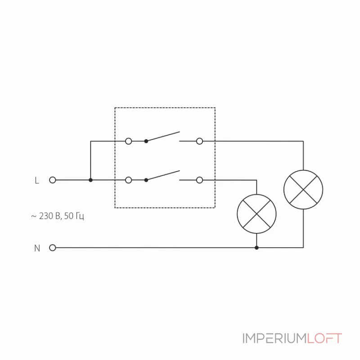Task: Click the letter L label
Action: pyautogui.click(x=37, y=180)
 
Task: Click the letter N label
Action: pyautogui.click(x=37, y=248)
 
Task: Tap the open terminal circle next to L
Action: pyautogui.click(x=53, y=180)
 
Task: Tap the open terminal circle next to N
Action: pyautogui.click(x=53, y=247)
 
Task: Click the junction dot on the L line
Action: pyautogui.click(x=90, y=180)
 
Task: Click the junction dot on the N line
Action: pyautogui.click(x=256, y=247)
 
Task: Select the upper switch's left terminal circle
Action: pyautogui.click(x=128, y=141)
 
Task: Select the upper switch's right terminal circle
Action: pyautogui.click(x=199, y=141)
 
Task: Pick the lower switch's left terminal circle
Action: pyautogui.click(x=128, y=180)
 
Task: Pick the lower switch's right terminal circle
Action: pyautogui.click(x=199, y=180)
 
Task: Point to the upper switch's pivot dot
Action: pyautogui.click(x=146, y=141)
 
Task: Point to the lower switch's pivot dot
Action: pyautogui.click(x=146, y=180)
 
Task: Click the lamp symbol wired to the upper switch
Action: pyautogui.click(x=303, y=189)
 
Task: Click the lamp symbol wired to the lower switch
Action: pyautogui.click(x=256, y=214)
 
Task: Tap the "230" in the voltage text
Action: pyautogui.click(x=46, y=216)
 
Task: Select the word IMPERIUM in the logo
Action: pyautogui.click(x=274, y=338)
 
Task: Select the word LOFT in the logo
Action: pyautogui.click(x=324, y=338)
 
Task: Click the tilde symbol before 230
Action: pyautogui.click(x=34, y=216)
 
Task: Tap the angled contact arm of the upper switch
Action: pyautogui.click(x=163, y=136)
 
